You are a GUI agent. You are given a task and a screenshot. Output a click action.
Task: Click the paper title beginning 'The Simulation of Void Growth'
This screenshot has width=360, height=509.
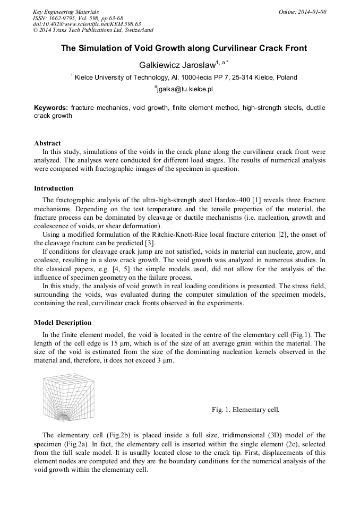(184, 48)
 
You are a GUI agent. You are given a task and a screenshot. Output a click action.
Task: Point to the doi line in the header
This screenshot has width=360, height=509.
(87, 24)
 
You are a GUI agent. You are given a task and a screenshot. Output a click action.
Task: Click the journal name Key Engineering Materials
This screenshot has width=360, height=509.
(65, 12)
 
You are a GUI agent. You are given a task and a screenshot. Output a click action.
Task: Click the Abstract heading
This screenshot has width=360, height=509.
(47, 143)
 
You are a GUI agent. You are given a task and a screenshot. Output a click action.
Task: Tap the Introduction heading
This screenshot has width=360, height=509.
(54, 188)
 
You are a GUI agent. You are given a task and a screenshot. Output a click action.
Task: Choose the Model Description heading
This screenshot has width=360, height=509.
(63, 323)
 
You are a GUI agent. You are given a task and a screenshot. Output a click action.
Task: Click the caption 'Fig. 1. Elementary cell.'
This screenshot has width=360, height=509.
(245, 410)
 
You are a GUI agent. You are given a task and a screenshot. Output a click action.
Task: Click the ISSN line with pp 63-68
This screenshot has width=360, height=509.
(78, 18)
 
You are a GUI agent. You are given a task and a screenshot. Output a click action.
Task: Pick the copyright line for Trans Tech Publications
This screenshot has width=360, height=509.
(93, 30)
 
